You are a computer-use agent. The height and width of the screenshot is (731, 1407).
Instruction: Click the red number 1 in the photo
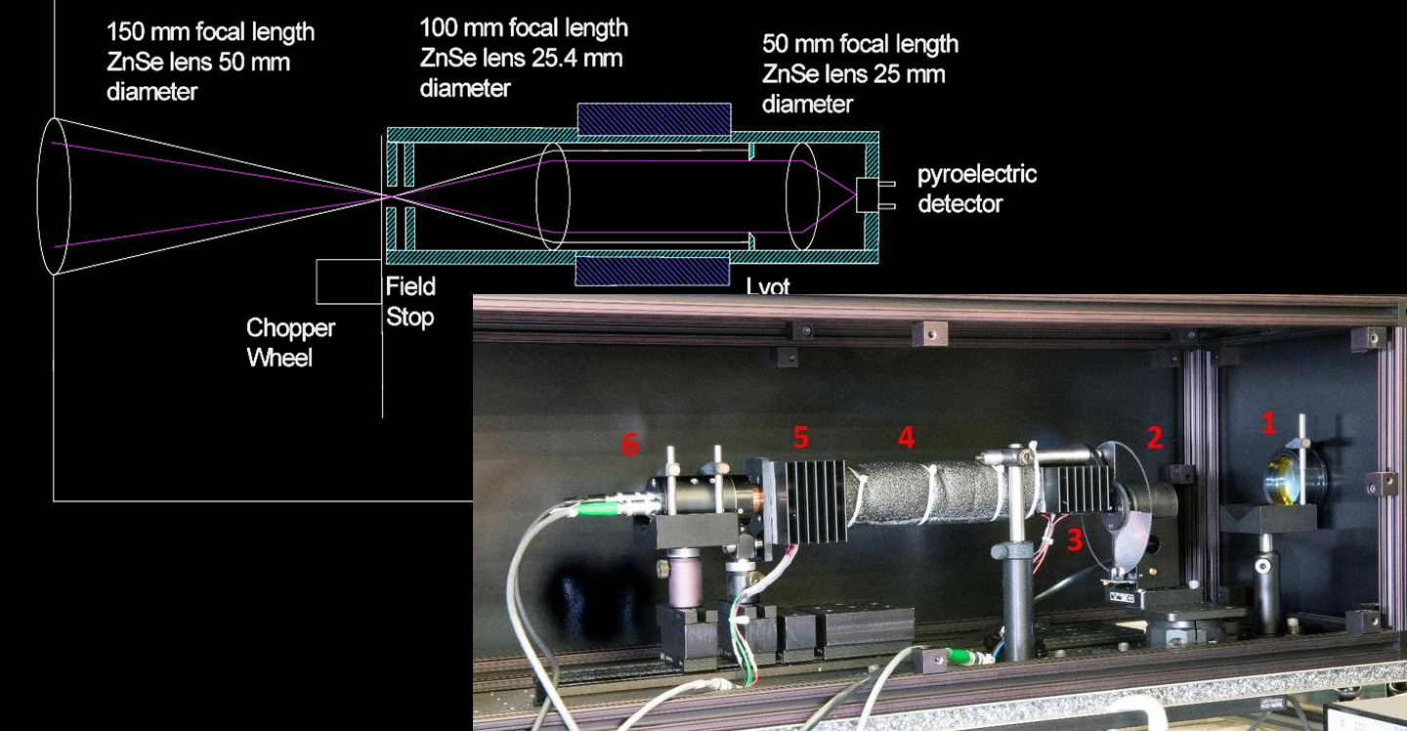click(1268, 422)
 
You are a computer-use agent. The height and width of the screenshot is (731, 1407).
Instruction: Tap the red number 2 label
click(1154, 438)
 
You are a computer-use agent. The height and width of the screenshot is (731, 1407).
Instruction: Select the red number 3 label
click(1075, 538)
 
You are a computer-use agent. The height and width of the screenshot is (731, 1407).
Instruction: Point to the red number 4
click(906, 438)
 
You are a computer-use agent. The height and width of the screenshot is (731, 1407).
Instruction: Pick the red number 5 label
click(801, 438)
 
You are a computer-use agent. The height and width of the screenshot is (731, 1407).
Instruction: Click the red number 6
click(631, 446)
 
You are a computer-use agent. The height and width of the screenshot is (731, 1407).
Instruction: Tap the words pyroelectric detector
click(976, 189)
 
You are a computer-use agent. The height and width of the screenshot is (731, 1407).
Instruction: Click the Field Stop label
click(409, 302)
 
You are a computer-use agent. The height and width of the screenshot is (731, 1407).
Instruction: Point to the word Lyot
click(767, 286)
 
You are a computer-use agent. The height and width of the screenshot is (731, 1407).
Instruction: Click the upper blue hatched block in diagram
click(654, 119)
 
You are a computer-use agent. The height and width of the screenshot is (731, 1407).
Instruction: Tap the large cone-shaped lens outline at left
click(53, 195)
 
